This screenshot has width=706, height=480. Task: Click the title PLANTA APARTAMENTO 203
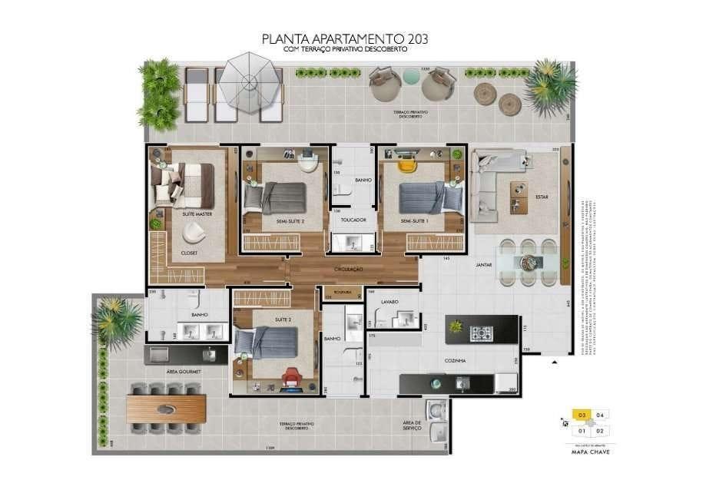click(x=345, y=38)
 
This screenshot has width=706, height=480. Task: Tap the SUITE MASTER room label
click(x=197, y=214)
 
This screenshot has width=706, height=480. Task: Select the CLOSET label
click(x=189, y=252)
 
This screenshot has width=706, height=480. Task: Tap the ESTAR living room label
click(x=542, y=197)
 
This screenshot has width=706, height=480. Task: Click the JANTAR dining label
click(x=484, y=264)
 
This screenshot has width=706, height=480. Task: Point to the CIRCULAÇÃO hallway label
click(x=348, y=270)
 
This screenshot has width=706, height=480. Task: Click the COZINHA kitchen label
click(x=455, y=359)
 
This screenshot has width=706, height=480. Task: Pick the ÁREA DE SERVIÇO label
click(x=413, y=425)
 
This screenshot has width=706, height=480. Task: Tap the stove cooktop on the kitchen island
click(x=482, y=333)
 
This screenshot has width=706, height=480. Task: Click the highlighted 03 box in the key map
click(x=582, y=415)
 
